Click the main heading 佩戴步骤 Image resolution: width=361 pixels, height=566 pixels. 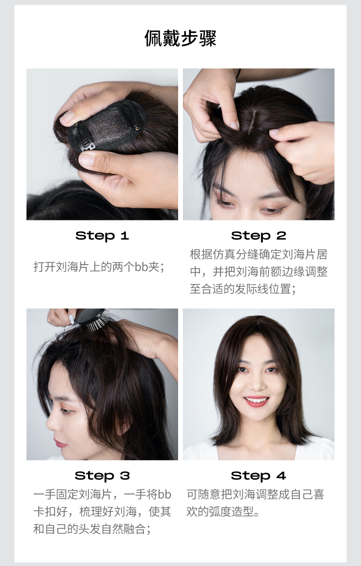[x=180, y=39]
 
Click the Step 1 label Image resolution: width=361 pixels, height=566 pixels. [x=102, y=236]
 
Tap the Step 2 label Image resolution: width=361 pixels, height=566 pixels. [x=258, y=236]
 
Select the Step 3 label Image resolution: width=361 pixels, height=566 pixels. [x=102, y=476]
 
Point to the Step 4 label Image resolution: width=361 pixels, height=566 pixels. [x=258, y=476]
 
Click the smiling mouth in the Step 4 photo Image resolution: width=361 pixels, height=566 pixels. [x=256, y=400]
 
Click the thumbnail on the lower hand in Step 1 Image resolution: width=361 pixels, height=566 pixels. [x=87, y=159]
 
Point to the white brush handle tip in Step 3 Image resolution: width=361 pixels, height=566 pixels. [x=71, y=319]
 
